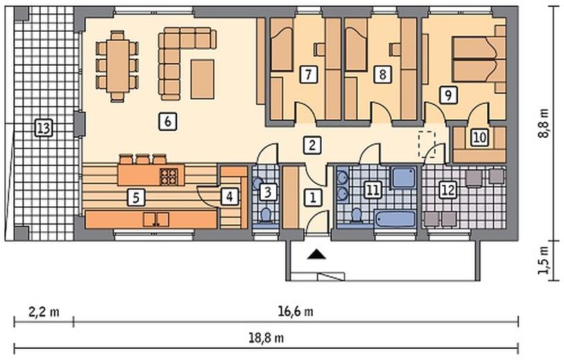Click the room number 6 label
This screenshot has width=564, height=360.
point(167,121)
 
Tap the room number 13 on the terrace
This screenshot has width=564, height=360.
point(44,128)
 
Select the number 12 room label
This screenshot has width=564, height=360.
point(448,190)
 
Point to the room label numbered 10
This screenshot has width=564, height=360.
point(480,137)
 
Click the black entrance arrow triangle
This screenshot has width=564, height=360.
point(317,254)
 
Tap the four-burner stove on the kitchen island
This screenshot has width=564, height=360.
point(169,177)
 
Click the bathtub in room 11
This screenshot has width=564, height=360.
point(395,219)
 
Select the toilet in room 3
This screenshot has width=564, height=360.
point(266,215)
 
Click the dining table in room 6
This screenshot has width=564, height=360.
point(118,66)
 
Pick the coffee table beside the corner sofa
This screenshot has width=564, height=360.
point(203,79)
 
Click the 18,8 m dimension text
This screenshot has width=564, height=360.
point(266,338)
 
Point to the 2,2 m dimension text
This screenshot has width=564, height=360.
point(44,312)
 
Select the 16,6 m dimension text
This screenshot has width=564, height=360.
point(295,311)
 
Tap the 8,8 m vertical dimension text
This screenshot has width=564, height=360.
point(545,123)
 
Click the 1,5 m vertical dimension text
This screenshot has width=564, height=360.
point(545,260)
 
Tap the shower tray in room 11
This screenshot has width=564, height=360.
point(403,177)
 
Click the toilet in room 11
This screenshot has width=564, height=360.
point(356,215)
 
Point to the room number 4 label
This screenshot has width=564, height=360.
point(230,197)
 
